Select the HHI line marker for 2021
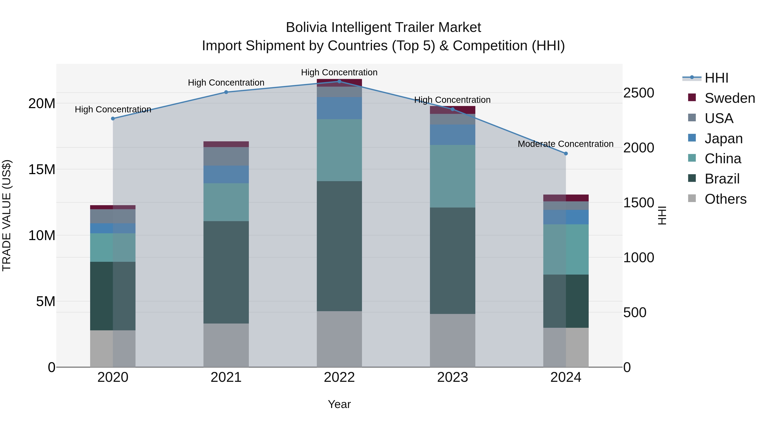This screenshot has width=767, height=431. [226, 92]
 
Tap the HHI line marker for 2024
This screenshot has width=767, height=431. [566, 153]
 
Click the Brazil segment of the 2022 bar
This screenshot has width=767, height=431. [339, 246]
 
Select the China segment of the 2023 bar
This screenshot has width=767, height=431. [452, 176]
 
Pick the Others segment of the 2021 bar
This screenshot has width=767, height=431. [226, 345]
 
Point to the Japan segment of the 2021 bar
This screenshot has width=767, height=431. [226, 174]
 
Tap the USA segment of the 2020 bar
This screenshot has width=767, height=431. [113, 216]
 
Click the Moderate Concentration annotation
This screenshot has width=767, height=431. [565, 144]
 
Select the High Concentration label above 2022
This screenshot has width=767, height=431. [339, 73]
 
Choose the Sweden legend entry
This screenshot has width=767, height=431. [730, 98]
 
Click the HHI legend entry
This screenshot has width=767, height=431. [716, 78]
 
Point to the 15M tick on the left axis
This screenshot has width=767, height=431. [42, 170]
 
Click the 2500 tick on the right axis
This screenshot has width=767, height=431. [639, 93]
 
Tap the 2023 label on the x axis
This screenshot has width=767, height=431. [452, 377]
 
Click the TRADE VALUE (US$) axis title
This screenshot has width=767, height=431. [7, 215]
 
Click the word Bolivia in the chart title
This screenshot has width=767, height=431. [307, 27]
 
